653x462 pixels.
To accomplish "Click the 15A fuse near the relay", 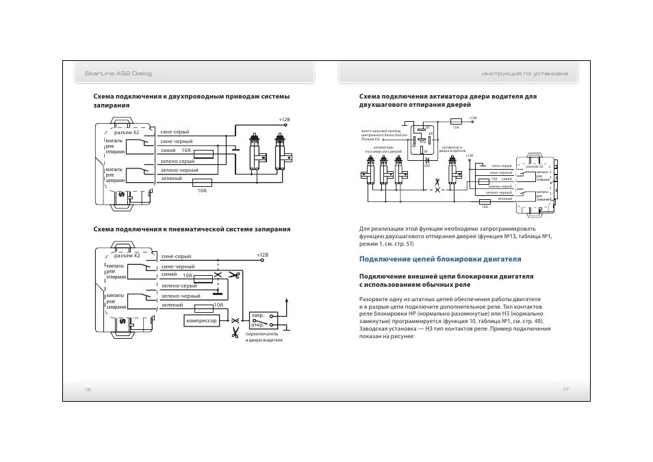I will (456, 121).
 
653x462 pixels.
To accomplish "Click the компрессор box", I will (201, 320).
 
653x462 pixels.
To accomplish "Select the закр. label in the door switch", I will (257, 316).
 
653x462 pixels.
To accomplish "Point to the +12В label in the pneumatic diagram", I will (263, 255).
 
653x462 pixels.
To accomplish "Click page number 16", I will (88, 389).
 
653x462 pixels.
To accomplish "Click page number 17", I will (565, 389).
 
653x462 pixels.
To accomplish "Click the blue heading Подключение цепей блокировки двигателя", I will (440, 259).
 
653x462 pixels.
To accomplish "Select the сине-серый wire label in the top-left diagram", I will (175, 131).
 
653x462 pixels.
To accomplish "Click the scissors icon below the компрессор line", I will (235, 333).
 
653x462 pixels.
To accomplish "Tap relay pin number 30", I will (426, 151).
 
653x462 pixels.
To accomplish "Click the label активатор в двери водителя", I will (452, 149).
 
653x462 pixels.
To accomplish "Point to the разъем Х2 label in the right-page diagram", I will (535, 166).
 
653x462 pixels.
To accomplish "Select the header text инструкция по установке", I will (524, 73).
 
